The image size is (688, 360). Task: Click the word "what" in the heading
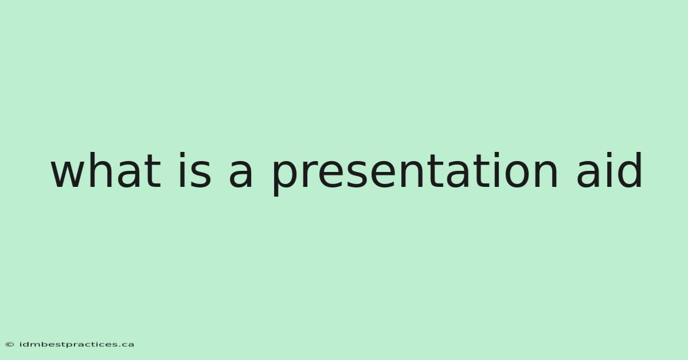point(106,170)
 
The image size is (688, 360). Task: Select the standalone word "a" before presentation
point(241,174)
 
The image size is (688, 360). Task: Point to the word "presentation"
point(415,174)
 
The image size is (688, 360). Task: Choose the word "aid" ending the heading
point(609,170)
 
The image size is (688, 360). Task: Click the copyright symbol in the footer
point(10,345)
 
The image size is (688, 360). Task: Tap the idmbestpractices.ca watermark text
point(77,345)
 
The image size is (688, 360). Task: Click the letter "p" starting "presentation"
point(284,178)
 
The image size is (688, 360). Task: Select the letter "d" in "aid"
point(630,170)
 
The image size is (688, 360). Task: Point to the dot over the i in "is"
point(182,155)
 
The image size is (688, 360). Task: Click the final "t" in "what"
point(153,171)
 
